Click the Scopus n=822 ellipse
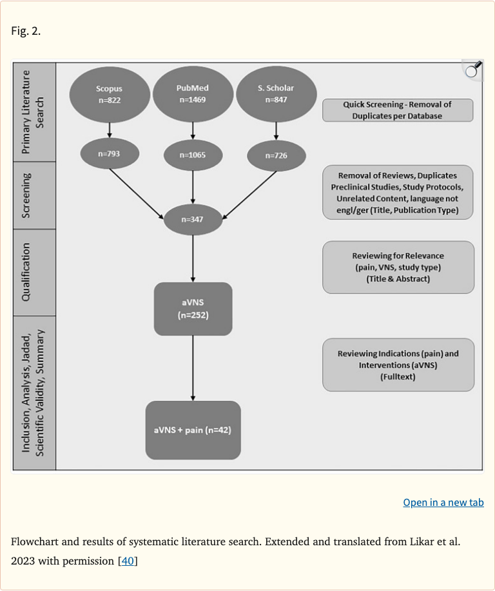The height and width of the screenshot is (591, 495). tap(110, 94)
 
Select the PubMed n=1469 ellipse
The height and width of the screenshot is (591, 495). tap(193, 94)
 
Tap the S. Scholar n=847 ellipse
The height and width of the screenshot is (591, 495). tap(276, 94)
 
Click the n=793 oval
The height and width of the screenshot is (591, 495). tap(110, 154)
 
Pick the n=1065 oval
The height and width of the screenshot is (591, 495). tap(193, 155)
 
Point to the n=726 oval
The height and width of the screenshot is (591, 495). tap(276, 155)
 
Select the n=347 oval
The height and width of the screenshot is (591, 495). tap(193, 220)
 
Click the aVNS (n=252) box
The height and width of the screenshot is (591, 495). tap(193, 309)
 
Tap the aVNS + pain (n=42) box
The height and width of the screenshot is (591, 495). tap(193, 430)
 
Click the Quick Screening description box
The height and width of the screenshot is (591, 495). tap(398, 110)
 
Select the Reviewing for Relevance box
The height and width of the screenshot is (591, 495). tap(398, 267)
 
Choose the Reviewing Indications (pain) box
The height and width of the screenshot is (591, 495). tap(398, 365)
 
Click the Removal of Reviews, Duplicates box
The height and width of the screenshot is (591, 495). tap(398, 192)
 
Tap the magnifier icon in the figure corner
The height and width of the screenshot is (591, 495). tap(472, 70)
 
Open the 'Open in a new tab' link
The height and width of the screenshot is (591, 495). tap(443, 502)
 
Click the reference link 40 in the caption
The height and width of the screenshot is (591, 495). tap(128, 561)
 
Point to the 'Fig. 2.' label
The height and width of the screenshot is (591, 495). tap(26, 30)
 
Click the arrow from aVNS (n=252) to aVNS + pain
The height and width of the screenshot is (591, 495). tap(193, 368)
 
